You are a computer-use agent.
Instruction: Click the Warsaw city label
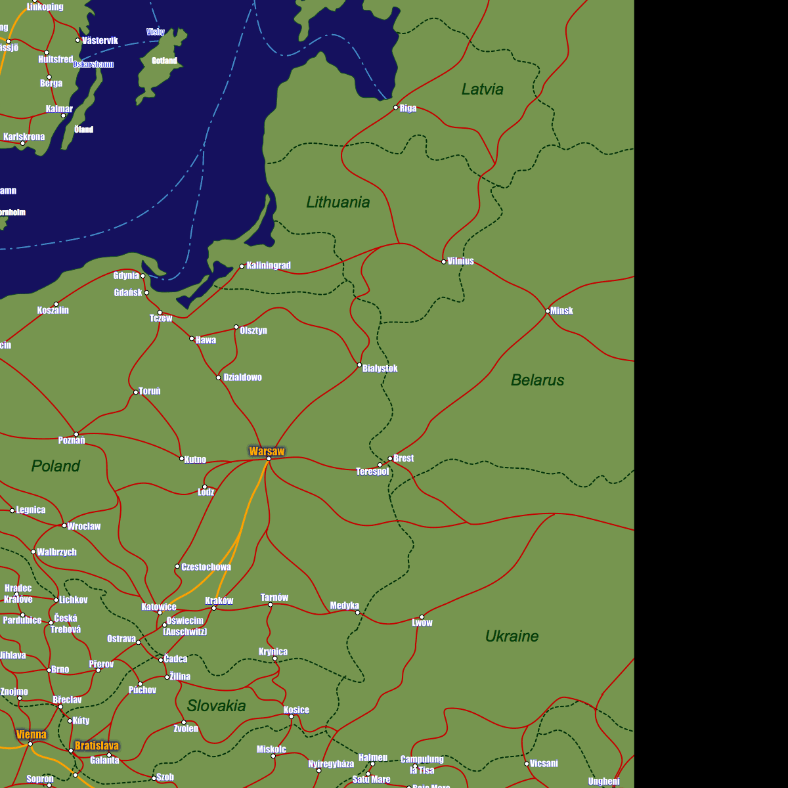click(x=267, y=451)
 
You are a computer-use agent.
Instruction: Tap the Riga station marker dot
click(x=395, y=108)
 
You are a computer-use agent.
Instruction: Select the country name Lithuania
click(x=338, y=202)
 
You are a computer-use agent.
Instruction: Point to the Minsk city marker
click(x=548, y=311)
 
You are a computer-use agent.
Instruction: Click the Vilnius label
click(x=460, y=261)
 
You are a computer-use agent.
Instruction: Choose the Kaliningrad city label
click(x=269, y=266)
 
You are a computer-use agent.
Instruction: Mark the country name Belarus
click(x=537, y=380)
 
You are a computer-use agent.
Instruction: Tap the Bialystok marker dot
click(x=359, y=365)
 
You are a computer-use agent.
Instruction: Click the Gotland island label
click(x=164, y=60)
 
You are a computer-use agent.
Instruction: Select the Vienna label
click(x=32, y=734)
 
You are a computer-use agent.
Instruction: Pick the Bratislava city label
click(x=97, y=746)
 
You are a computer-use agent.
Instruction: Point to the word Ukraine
click(x=512, y=636)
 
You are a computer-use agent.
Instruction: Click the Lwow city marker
click(x=422, y=617)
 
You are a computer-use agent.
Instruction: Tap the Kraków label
click(x=219, y=601)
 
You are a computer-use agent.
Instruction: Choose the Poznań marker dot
click(x=76, y=434)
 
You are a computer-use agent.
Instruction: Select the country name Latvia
click(x=482, y=89)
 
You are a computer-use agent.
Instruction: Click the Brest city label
click(x=404, y=458)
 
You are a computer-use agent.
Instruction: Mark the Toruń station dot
click(x=136, y=393)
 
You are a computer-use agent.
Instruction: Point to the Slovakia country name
click(x=216, y=706)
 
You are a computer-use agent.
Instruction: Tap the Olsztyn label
click(x=253, y=330)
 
